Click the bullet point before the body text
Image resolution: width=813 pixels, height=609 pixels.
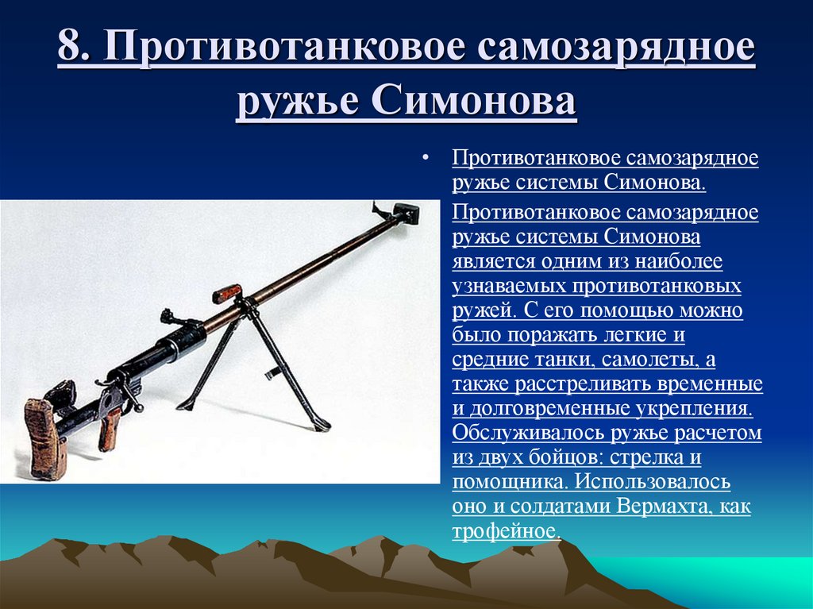pos(426,158)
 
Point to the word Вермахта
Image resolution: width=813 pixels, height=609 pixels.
pos(657,506)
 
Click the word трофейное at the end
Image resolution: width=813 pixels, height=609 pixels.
pos(506,531)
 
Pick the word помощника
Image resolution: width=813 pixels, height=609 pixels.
pos(511,482)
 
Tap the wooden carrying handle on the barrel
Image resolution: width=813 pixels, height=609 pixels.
pos(227,294)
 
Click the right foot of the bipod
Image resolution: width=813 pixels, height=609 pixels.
pos(321,426)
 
